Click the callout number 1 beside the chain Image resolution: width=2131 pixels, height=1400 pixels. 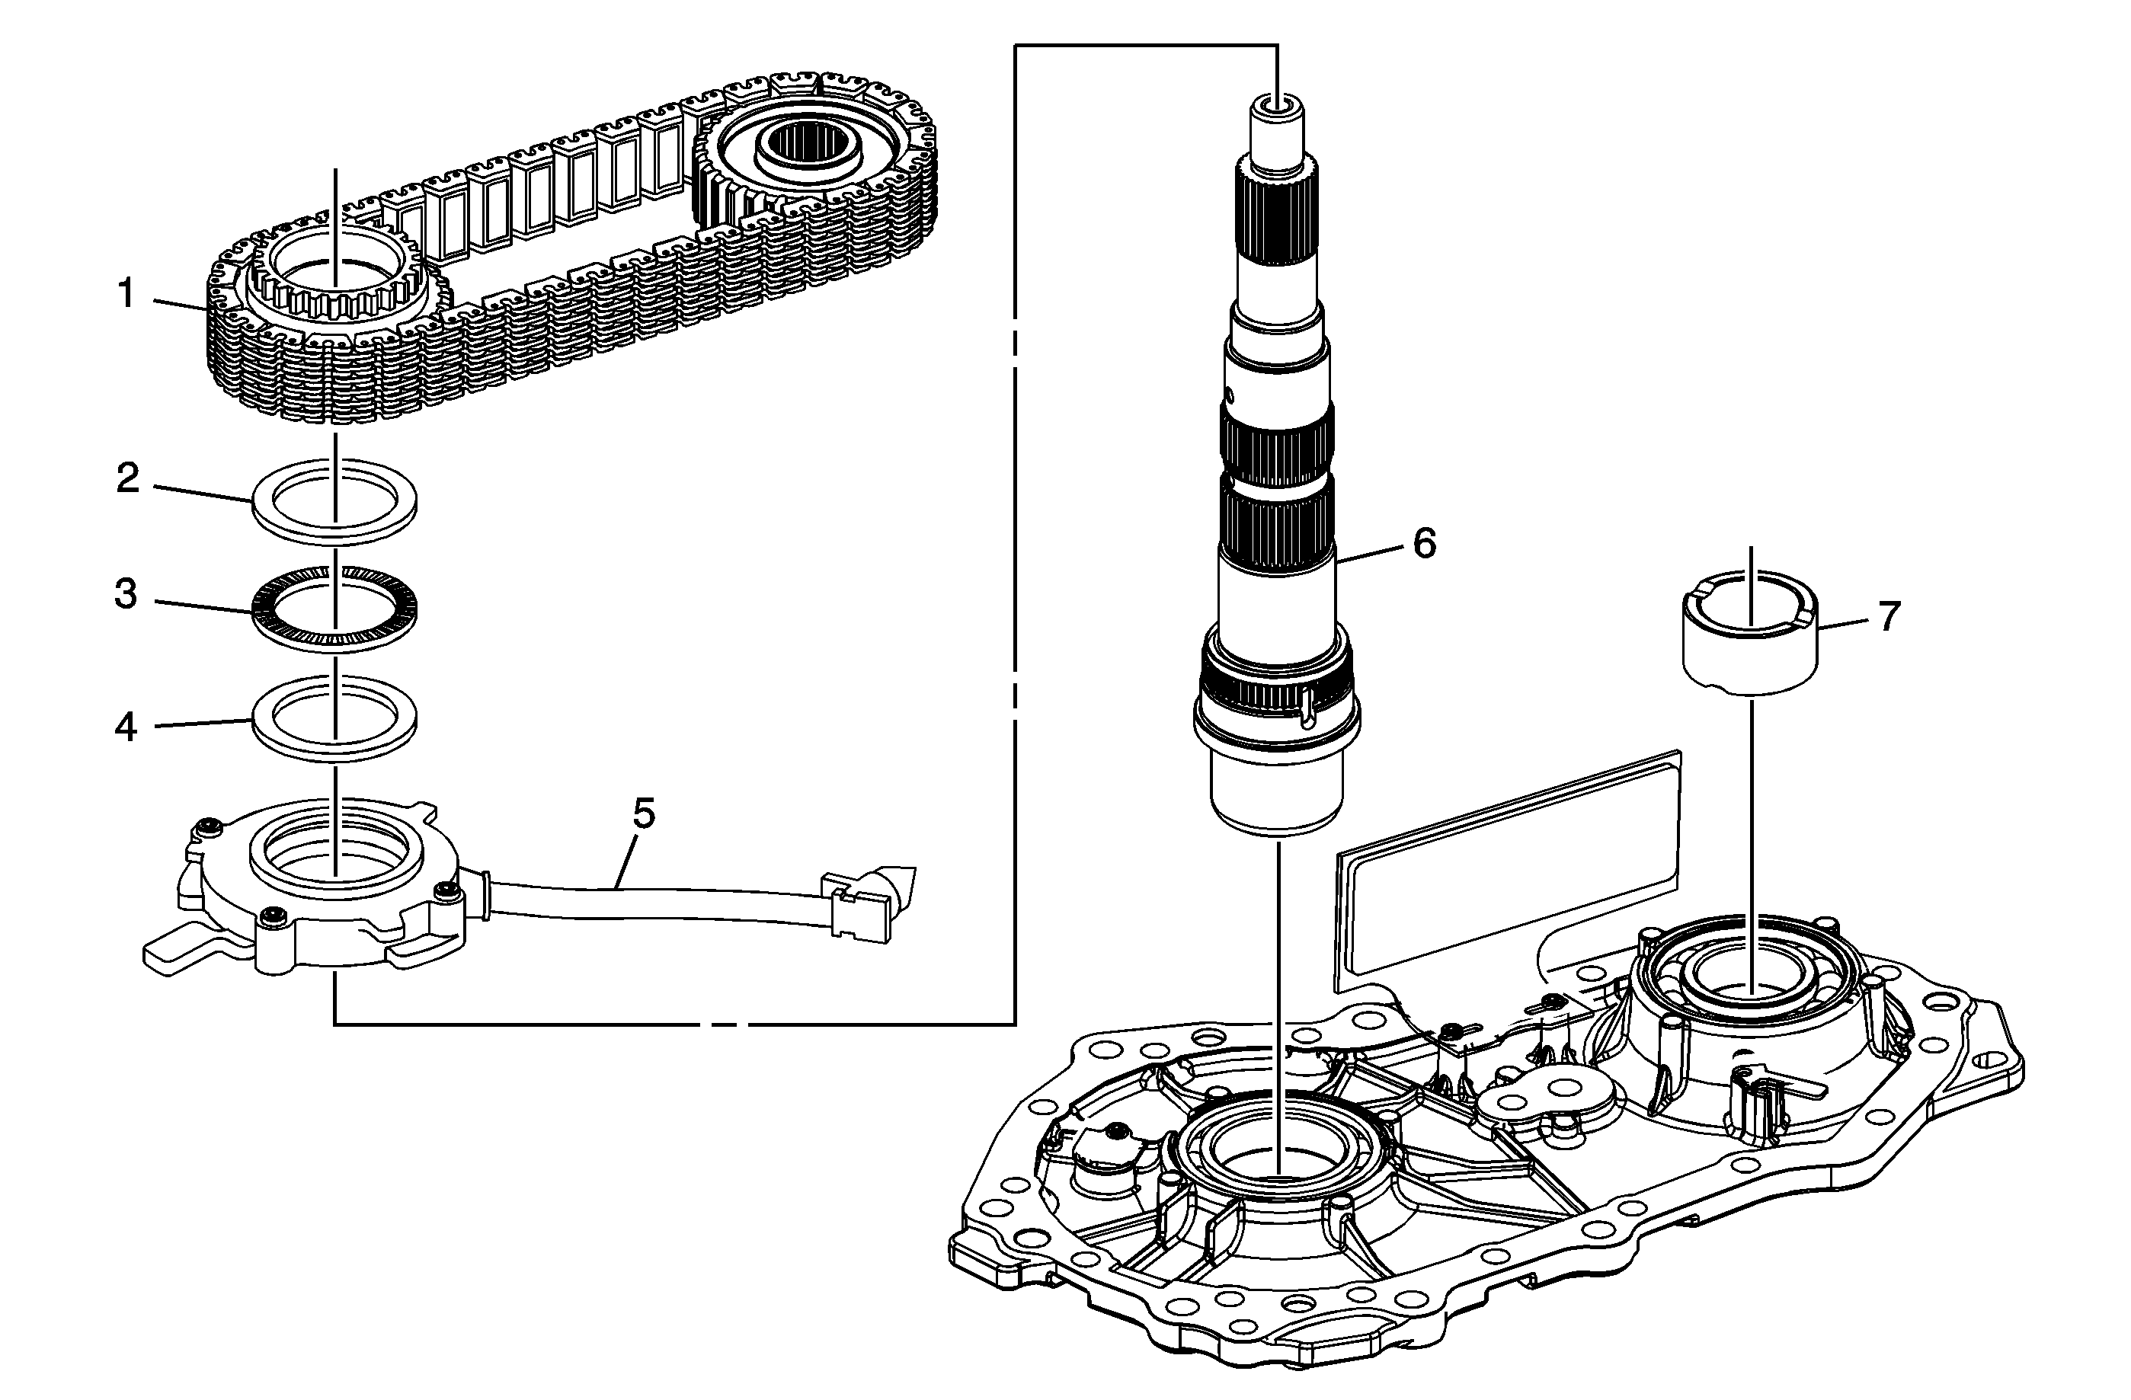127,293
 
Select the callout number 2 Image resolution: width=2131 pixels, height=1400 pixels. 129,479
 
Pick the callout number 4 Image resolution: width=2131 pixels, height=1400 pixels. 126,727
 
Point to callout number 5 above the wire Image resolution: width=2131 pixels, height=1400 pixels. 644,813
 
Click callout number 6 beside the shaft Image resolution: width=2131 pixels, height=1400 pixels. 1425,543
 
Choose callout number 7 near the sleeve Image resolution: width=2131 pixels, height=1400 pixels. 1889,617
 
